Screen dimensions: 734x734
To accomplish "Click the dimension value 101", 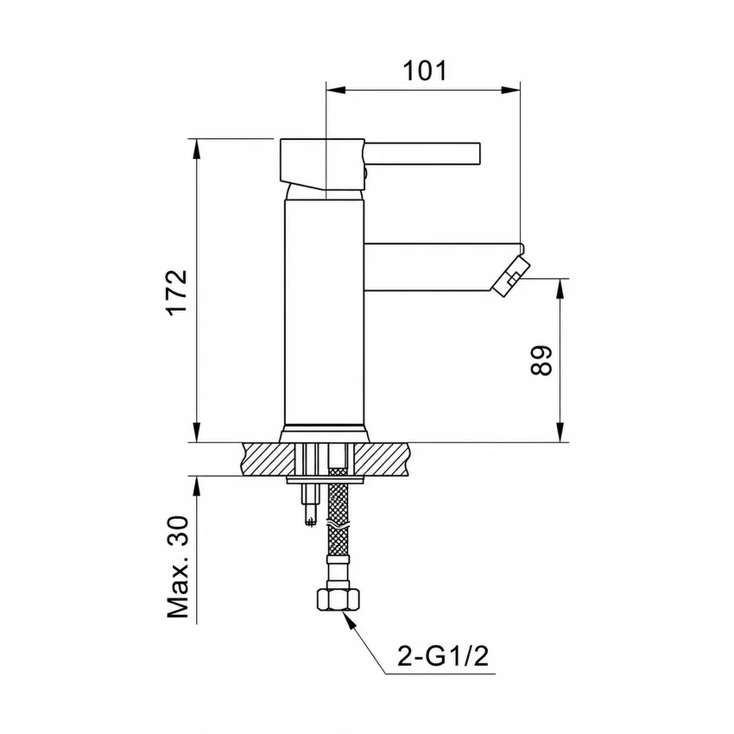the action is [425, 71].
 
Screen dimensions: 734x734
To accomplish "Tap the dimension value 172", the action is [178, 293].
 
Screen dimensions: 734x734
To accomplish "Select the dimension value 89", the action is [541, 360].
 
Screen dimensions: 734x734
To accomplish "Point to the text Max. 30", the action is [179, 566].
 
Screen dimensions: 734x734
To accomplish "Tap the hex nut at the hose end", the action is [339, 599].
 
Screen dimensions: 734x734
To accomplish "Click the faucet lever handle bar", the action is [422, 153].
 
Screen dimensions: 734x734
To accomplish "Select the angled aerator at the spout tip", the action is [512, 275].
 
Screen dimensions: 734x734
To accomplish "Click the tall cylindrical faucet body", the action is [324, 313].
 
